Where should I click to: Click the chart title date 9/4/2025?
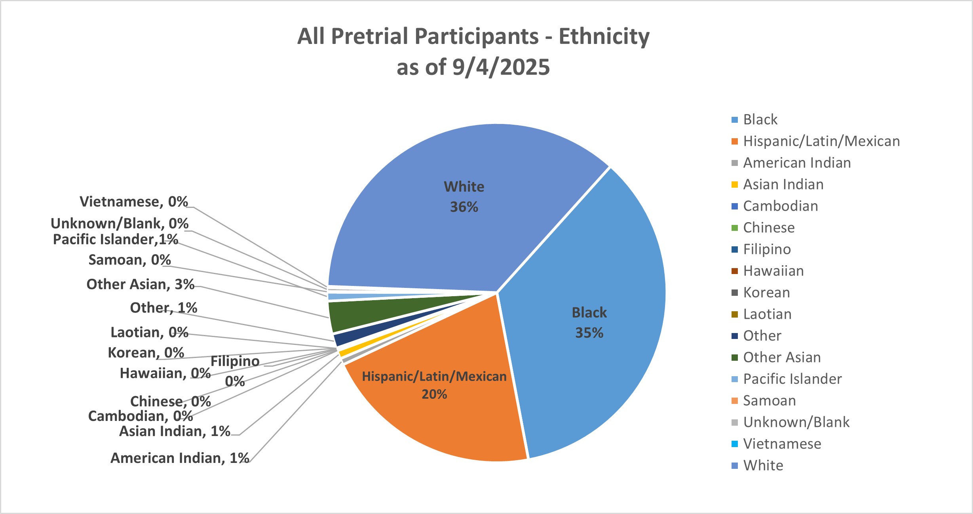click(501, 67)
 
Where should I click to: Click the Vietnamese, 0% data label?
click(133, 202)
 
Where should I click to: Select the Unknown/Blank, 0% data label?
click(119, 223)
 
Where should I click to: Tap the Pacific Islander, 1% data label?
click(115, 239)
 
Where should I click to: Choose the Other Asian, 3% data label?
click(140, 284)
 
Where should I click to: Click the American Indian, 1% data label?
click(180, 458)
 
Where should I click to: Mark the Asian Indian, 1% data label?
click(175, 431)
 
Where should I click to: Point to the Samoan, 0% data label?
click(129, 260)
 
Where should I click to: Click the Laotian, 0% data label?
click(149, 332)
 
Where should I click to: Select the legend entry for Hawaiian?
click(773, 271)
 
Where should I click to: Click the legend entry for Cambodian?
click(780, 206)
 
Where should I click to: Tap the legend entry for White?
click(763, 465)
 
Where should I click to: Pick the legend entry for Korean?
click(766, 292)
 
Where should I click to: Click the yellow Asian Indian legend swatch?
click(735, 185)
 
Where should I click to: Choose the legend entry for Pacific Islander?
click(792, 379)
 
